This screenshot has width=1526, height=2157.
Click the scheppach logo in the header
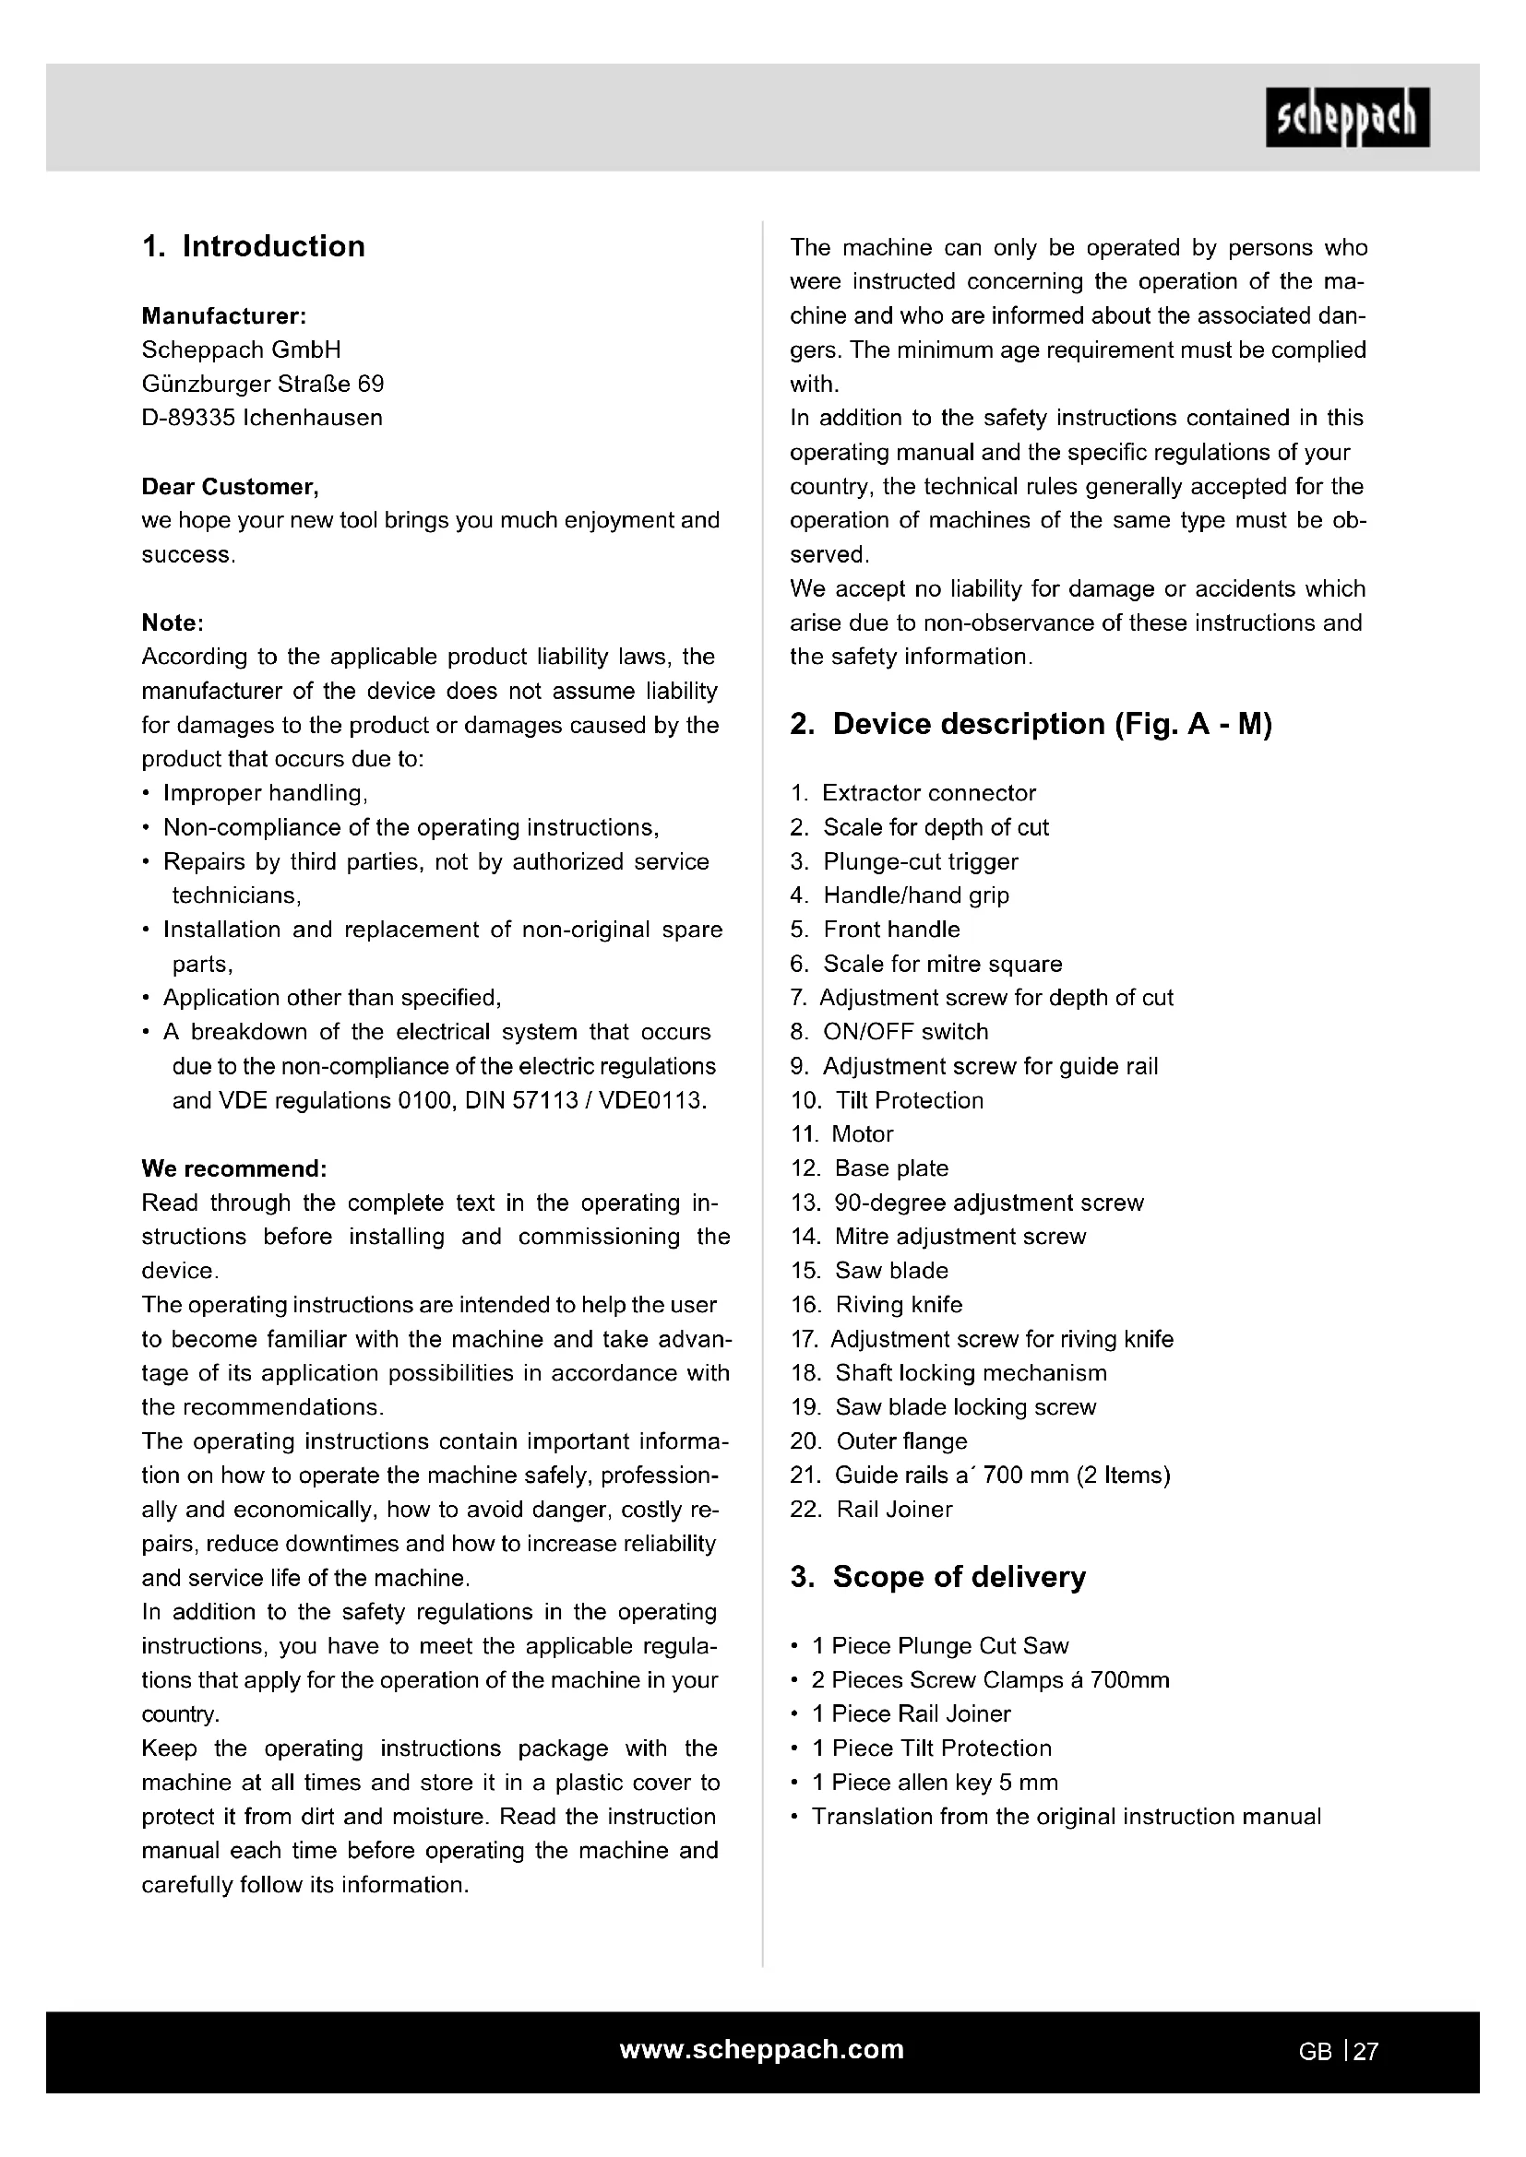1346,117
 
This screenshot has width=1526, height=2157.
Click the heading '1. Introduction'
254,246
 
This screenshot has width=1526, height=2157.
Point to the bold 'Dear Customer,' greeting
231,487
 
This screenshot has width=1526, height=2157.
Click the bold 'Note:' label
173,622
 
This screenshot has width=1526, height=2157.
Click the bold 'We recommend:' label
234,1168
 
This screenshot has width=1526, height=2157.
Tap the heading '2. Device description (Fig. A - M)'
1031,724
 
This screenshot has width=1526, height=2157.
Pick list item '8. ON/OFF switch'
888,1032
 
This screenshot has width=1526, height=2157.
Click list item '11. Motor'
842,1134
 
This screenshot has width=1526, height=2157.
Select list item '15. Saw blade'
869,1270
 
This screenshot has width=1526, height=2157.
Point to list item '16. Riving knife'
876,1304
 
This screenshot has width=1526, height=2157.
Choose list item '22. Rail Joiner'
871,1509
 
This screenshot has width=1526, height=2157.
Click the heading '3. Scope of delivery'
937,1576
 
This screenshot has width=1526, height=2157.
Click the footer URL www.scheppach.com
762,2049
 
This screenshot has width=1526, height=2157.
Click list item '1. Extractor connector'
912,793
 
